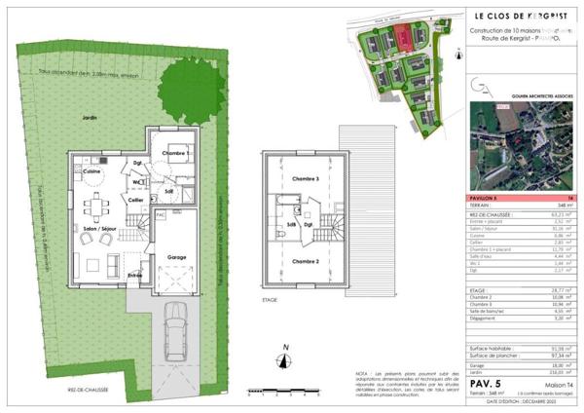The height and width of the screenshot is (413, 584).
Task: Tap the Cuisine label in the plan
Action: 92,170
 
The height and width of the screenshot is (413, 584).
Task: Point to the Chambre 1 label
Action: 173,154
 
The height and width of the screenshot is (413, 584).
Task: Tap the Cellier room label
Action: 136,200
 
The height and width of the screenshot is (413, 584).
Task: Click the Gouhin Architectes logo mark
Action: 482,89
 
